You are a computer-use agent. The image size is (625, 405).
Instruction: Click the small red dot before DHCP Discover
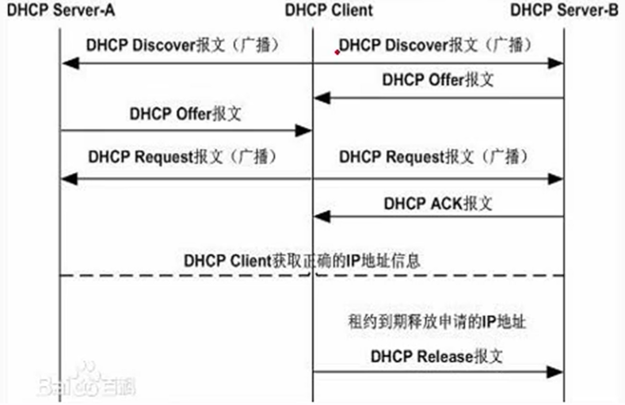337,52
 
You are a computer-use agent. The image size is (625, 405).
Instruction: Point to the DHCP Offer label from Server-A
185,113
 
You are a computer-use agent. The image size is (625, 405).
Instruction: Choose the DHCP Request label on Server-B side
433,156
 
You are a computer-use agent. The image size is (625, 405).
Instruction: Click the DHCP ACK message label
438,204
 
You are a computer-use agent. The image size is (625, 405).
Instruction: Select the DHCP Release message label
436,357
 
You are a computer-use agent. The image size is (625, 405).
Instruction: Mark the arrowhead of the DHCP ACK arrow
319,216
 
